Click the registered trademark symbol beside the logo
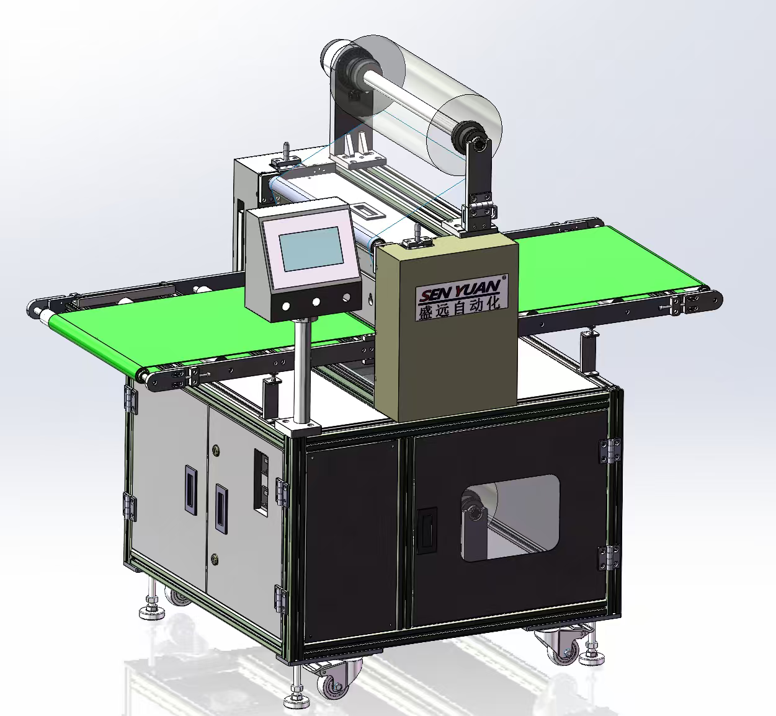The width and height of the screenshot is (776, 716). pyautogui.click(x=504, y=278)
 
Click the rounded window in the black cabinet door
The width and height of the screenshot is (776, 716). pyautogui.click(x=510, y=518)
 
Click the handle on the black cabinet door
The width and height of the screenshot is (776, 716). pyautogui.click(x=427, y=531)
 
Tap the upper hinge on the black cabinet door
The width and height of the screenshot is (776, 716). pyautogui.click(x=610, y=451)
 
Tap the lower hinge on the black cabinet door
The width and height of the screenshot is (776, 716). pyautogui.click(x=609, y=557)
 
